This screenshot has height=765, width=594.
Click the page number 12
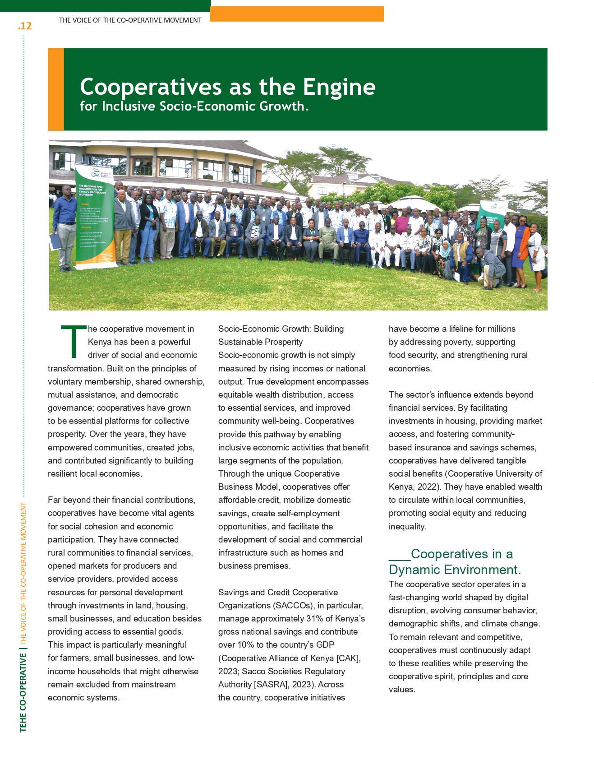(x=25, y=26)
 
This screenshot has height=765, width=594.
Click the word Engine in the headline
(x=339, y=87)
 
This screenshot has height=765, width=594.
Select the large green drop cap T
(x=73, y=342)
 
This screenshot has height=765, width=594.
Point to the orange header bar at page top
(x=297, y=14)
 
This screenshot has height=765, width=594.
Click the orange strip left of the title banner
(x=56, y=89)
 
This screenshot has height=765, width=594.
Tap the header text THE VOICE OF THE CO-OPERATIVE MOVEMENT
(x=130, y=20)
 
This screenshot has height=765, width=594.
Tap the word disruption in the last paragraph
(x=409, y=610)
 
